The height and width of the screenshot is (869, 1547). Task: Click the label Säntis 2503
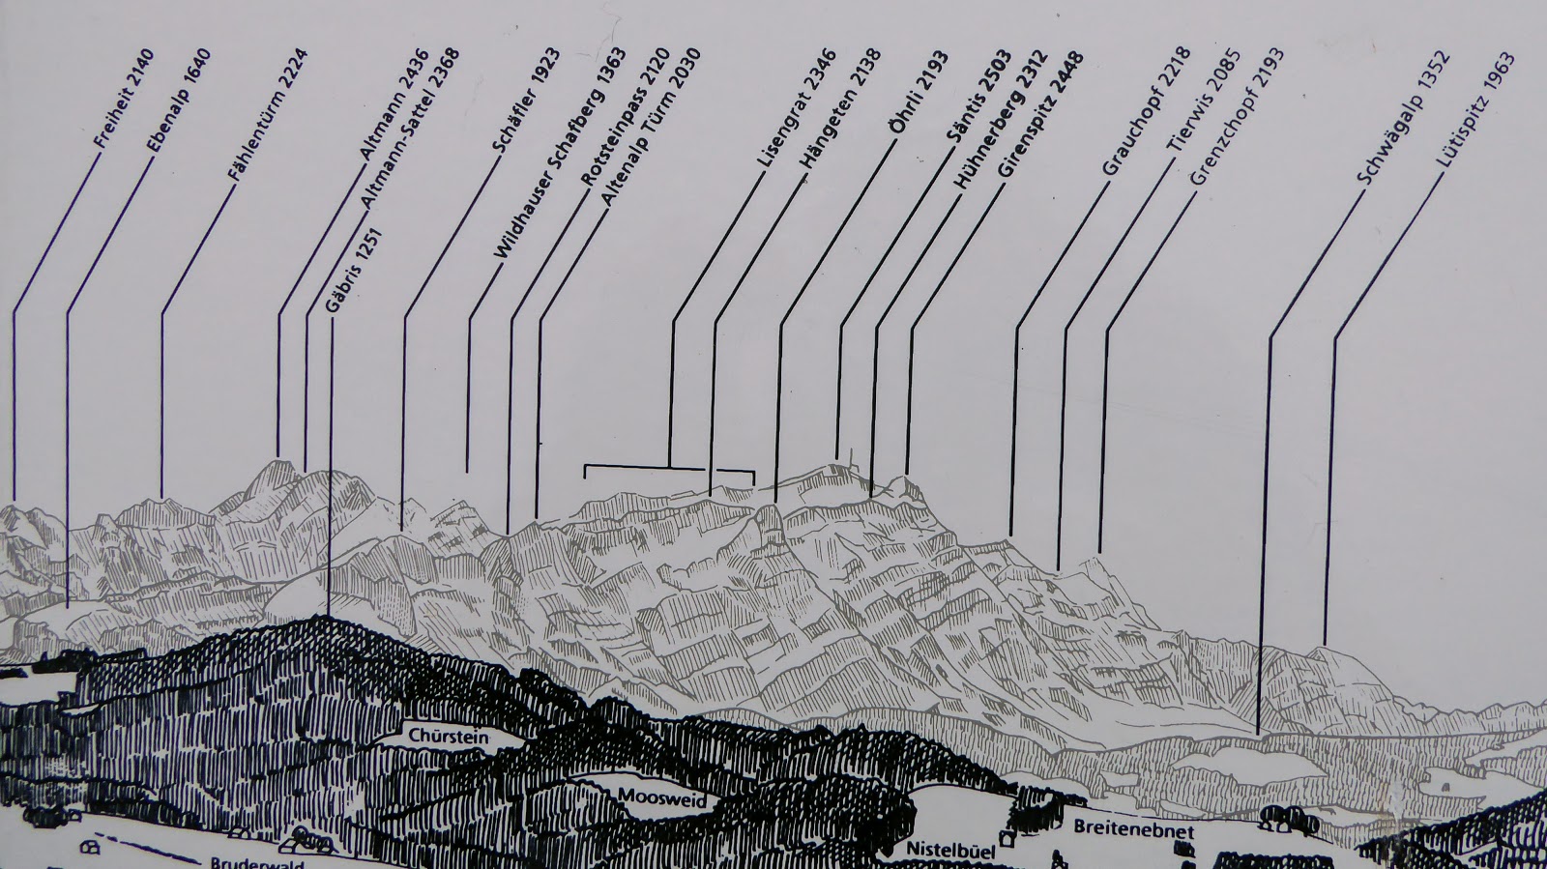(x=978, y=96)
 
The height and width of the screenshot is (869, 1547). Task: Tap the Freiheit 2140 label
(x=125, y=99)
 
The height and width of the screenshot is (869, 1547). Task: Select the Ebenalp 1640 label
(x=179, y=101)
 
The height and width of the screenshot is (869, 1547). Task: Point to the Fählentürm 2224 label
(x=268, y=115)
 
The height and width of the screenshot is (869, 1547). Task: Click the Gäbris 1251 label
(x=354, y=271)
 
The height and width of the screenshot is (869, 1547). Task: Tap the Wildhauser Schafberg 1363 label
(x=560, y=154)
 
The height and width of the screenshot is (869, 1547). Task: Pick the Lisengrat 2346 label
(x=797, y=108)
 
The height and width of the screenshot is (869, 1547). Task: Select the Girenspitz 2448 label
(x=1040, y=114)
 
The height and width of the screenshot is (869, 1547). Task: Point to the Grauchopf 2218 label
(x=1146, y=111)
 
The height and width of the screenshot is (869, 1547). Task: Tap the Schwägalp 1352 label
(x=1403, y=118)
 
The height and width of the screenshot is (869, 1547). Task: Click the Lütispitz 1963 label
(x=1475, y=110)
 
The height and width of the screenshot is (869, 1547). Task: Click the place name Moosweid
(x=662, y=797)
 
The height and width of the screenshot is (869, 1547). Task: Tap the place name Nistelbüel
(x=951, y=850)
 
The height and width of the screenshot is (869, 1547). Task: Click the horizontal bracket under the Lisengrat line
(x=669, y=469)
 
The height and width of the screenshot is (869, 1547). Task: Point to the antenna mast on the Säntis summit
(x=851, y=460)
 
